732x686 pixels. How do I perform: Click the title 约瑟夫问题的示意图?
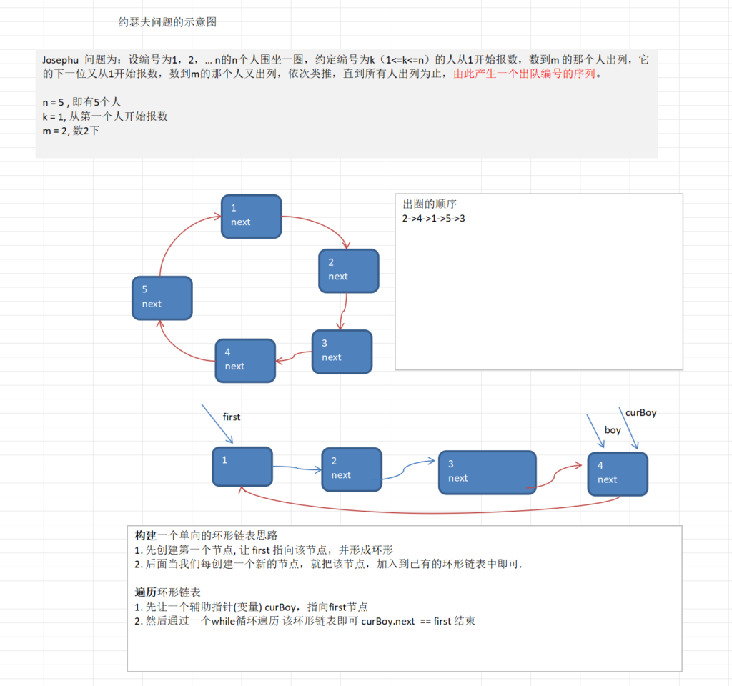[x=167, y=22]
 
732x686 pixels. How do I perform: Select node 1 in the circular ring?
[x=251, y=215]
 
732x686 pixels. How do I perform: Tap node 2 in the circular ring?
[x=348, y=270]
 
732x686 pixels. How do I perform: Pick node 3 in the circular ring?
[x=342, y=351]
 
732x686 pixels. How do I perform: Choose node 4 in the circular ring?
[x=245, y=359]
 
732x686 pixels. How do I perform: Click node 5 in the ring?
[x=162, y=297]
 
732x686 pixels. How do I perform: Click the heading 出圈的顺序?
[x=430, y=204]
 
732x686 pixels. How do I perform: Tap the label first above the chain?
[x=232, y=417]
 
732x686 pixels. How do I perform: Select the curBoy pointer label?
[x=640, y=412]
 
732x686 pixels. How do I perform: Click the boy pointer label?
[x=613, y=430]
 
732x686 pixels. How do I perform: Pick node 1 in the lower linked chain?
[x=242, y=466]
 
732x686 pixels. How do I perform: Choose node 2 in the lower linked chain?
[x=352, y=469]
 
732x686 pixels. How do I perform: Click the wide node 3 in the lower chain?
[x=487, y=472]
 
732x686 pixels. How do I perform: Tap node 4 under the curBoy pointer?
[x=618, y=473]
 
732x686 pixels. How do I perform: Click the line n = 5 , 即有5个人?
[x=81, y=102]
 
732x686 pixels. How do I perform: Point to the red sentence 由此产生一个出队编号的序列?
[x=528, y=74]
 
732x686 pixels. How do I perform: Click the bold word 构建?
[x=146, y=535]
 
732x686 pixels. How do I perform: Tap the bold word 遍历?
[x=146, y=592]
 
